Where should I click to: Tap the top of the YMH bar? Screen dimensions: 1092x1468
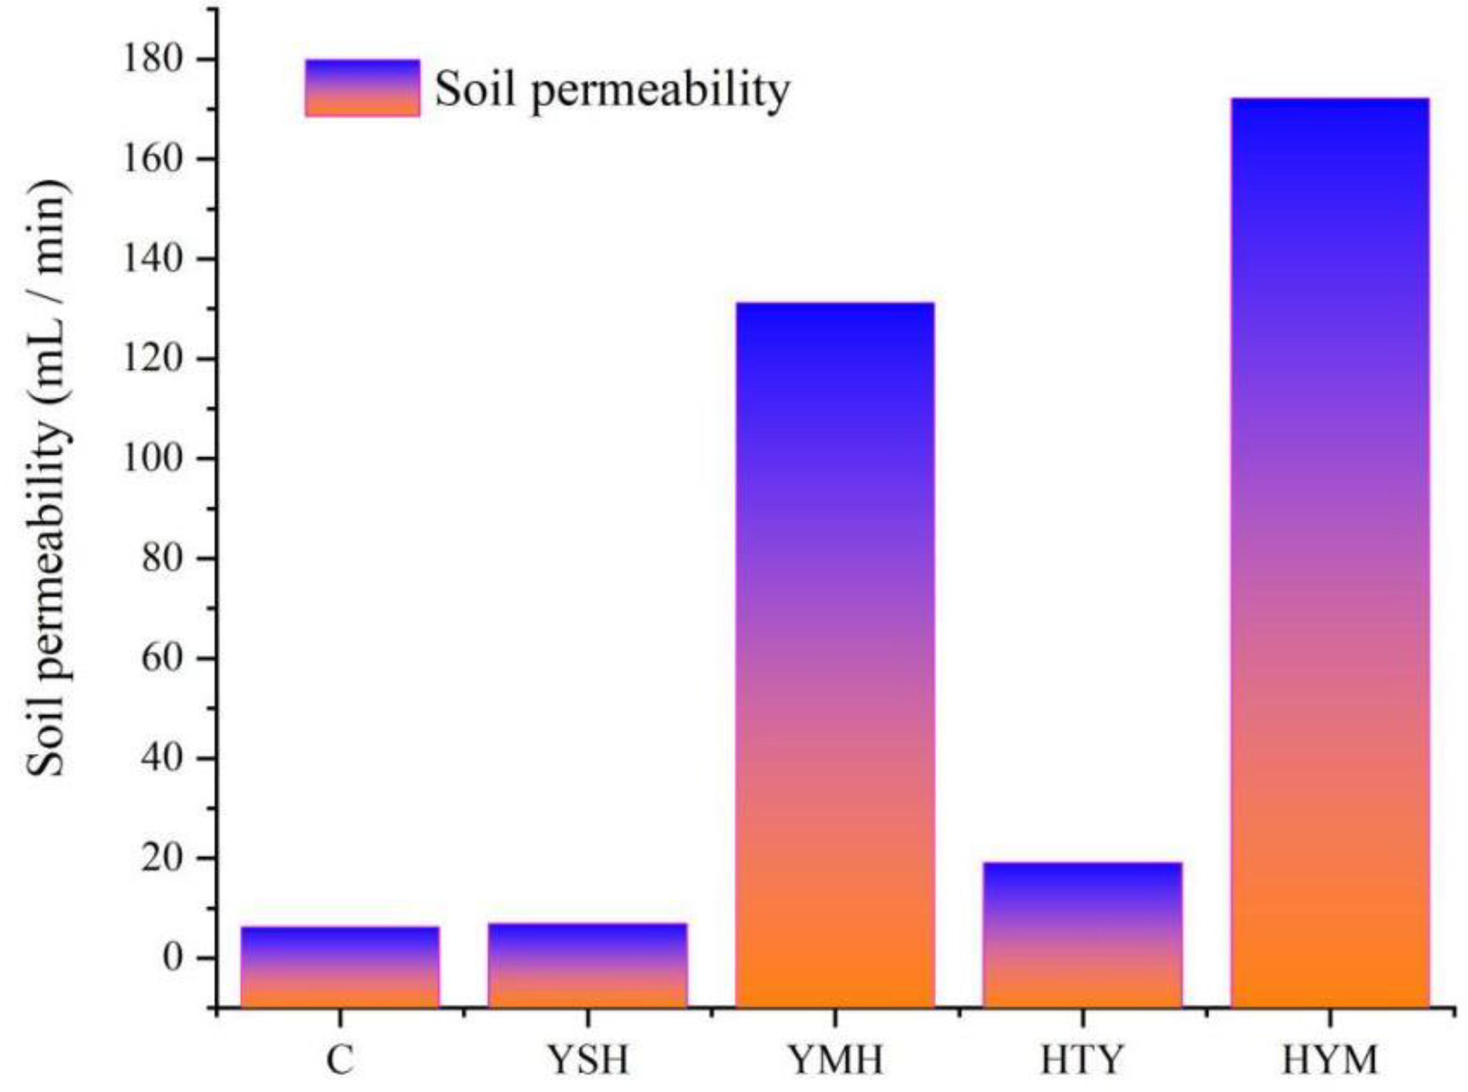click(835, 305)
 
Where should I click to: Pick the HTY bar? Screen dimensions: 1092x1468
click(1083, 935)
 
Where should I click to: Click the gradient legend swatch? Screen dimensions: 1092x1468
click(362, 88)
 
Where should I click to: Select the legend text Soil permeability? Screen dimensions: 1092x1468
click(612, 90)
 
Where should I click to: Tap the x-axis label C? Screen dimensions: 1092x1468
click(340, 1060)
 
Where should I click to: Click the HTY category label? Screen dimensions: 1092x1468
click(1083, 1060)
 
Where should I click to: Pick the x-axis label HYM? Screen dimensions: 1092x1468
click(1330, 1060)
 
